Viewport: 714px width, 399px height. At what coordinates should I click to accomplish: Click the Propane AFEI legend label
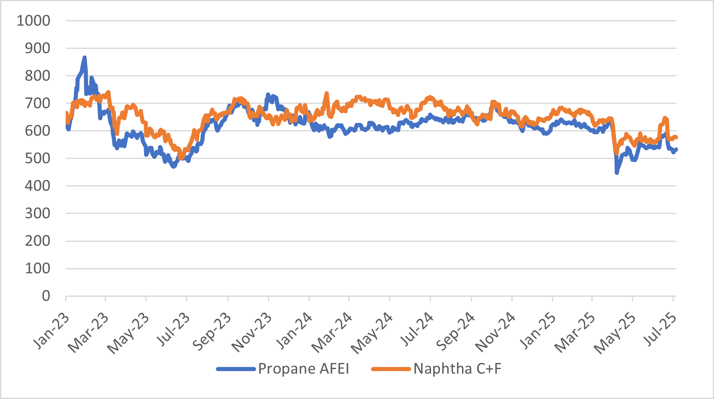(x=303, y=369)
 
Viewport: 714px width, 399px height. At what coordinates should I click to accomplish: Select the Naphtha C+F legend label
(x=457, y=369)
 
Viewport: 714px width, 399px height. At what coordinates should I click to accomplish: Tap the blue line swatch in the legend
(x=236, y=369)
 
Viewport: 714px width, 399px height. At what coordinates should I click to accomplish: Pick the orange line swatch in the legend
(x=391, y=369)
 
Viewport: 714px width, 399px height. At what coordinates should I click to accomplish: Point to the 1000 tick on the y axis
(x=33, y=21)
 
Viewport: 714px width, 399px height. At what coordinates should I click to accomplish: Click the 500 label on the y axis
(x=37, y=158)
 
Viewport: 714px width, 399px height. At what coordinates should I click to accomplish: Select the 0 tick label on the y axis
(x=46, y=296)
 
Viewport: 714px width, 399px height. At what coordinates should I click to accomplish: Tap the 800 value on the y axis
(x=37, y=76)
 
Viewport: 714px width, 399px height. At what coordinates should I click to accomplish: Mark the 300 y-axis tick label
(x=37, y=213)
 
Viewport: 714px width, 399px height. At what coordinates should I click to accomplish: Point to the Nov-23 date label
(x=251, y=332)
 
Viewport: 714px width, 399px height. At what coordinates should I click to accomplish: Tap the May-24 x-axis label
(x=371, y=333)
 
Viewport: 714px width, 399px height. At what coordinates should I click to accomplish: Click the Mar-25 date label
(x=574, y=332)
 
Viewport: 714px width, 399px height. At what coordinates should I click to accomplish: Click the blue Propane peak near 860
(x=85, y=58)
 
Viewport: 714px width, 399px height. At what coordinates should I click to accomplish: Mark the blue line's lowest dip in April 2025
(x=617, y=173)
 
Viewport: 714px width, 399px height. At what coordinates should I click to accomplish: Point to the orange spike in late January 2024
(x=327, y=94)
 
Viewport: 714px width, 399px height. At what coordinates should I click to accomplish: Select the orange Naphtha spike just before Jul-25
(x=665, y=118)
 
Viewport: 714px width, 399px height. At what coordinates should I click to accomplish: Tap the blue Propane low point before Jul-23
(x=174, y=166)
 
